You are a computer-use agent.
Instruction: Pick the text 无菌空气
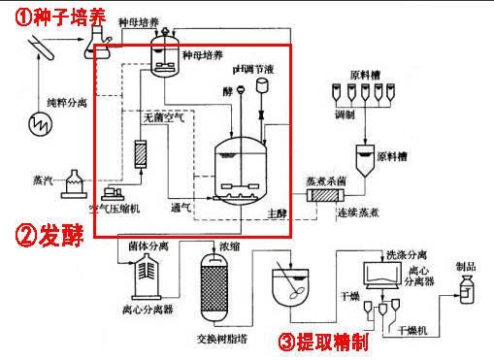click(161, 117)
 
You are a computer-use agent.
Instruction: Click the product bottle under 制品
click(467, 290)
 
